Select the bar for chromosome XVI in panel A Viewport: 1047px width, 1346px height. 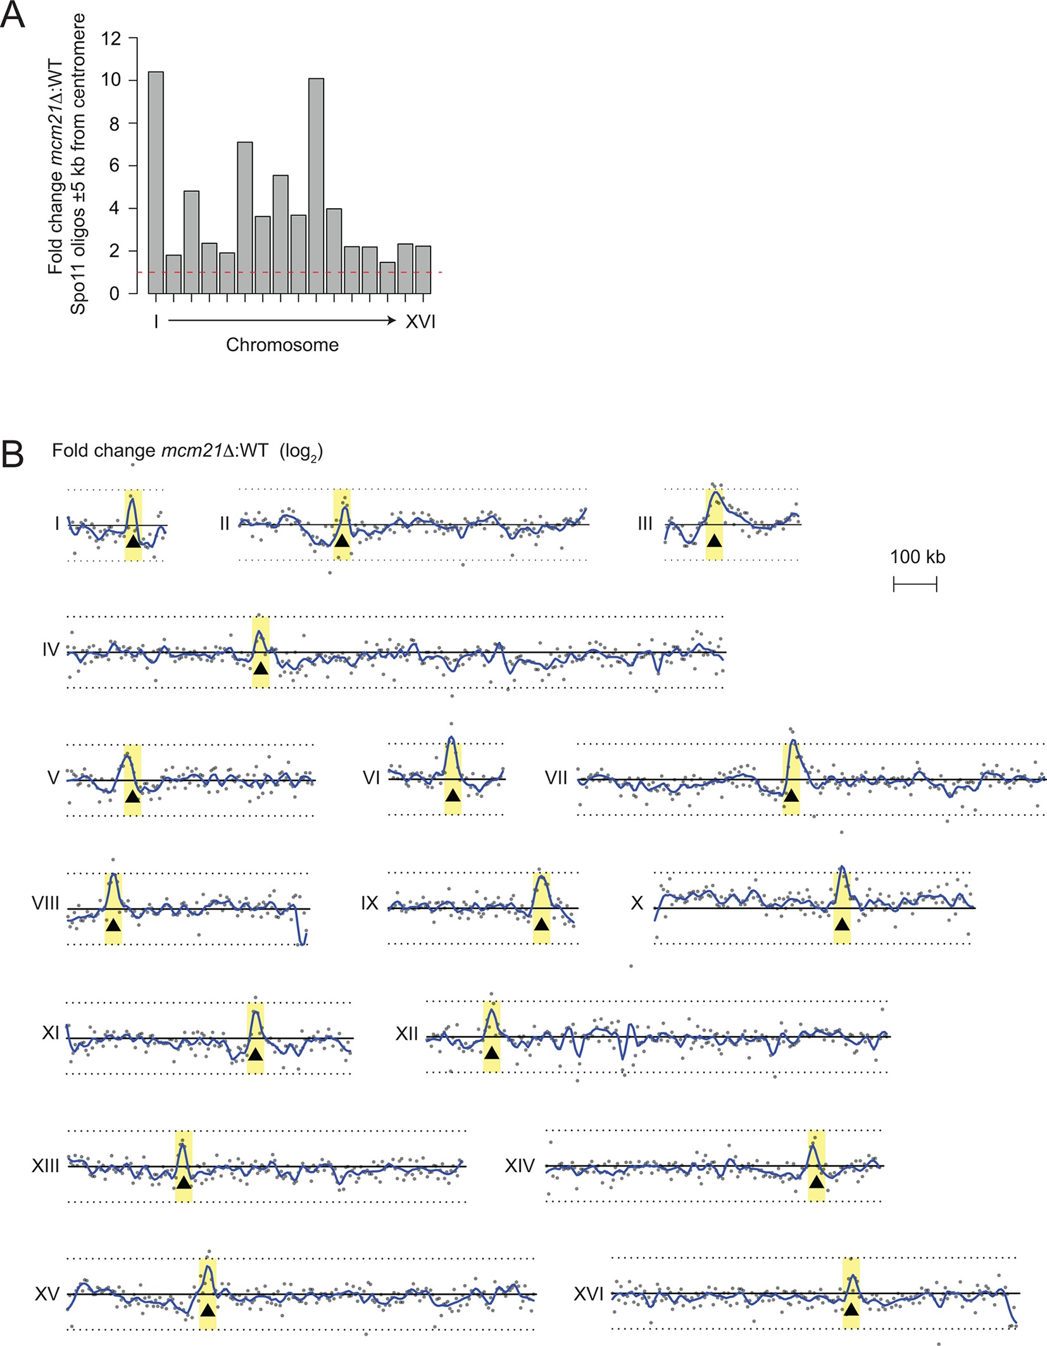click(423, 269)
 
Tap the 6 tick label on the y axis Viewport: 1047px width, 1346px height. click(114, 166)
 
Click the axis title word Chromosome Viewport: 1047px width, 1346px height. click(282, 345)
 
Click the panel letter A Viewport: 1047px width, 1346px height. click(13, 15)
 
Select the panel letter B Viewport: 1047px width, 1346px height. click(13, 454)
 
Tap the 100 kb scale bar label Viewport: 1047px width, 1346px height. click(917, 557)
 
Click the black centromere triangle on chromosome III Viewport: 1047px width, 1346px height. click(714, 541)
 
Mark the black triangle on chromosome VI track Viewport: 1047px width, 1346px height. click(453, 795)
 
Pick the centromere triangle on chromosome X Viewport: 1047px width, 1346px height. click(841, 924)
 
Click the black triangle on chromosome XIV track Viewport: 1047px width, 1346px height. click(817, 1182)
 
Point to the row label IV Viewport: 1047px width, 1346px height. click(51, 650)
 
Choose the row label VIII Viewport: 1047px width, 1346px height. click(46, 903)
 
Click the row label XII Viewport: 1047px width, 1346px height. click(407, 1034)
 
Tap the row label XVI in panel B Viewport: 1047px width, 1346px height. click(588, 1294)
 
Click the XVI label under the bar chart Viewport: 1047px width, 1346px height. click(420, 322)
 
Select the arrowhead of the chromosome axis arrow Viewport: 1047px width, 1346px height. click(392, 321)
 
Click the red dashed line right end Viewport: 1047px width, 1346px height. click(441, 272)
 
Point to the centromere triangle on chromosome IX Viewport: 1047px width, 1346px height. click(541, 924)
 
